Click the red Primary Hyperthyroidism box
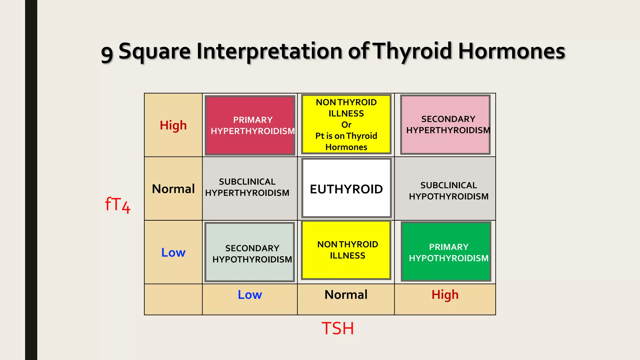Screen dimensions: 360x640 coord(250,125)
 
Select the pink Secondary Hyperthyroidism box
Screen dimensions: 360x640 coord(445,124)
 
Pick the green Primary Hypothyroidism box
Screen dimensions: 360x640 coord(446,252)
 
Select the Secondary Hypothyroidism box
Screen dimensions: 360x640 coord(250,252)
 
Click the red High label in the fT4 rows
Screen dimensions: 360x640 coord(173,125)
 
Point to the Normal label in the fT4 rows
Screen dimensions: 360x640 coord(173,189)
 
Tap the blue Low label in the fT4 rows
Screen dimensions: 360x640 coord(173,252)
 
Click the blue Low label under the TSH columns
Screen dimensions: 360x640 coord(250,295)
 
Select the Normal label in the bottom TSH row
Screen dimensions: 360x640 coord(346,295)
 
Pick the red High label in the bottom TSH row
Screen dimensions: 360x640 coord(445,295)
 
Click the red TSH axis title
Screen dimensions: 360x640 coord(338,328)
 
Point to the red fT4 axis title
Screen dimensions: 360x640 coord(117,205)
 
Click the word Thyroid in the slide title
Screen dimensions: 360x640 coord(413,51)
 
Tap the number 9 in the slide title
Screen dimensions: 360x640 coord(107,53)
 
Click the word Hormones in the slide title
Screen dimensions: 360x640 coord(512,51)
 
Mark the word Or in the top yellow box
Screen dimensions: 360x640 coord(346,125)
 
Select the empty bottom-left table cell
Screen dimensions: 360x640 coord(173,299)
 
